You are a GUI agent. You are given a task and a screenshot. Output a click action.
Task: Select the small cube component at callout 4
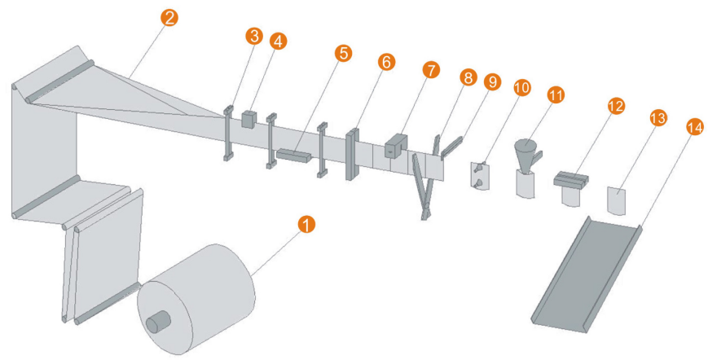coord(248,120)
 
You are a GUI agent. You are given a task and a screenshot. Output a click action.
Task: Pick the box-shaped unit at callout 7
coord(396,145)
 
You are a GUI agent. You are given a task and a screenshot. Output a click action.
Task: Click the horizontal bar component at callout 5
coord(293,155)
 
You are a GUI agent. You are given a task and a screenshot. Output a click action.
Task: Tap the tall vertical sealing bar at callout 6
coord(354,152)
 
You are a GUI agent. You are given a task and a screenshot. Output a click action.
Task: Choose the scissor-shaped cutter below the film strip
coord(424,187)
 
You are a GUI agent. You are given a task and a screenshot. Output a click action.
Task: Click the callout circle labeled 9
coord(491,82)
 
